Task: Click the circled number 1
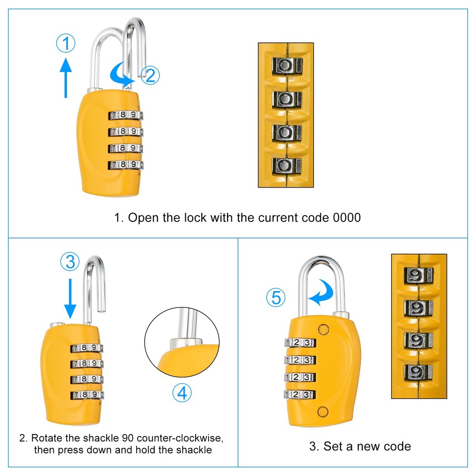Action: pyautogui.click(x=66, y=44)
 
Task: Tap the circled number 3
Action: pyautogui.click(x=69, y=261)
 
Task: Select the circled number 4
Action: pyautogui.click(x=181, y=393)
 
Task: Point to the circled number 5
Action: pyautogui.click(x=276, y=298)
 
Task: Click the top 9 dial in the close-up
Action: pyautogui.click(x=418, y=275)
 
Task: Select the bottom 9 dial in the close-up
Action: pyautogui.click(x=418, y=371)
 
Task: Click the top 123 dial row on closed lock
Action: pyautogui.click(x=300, y=343)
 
